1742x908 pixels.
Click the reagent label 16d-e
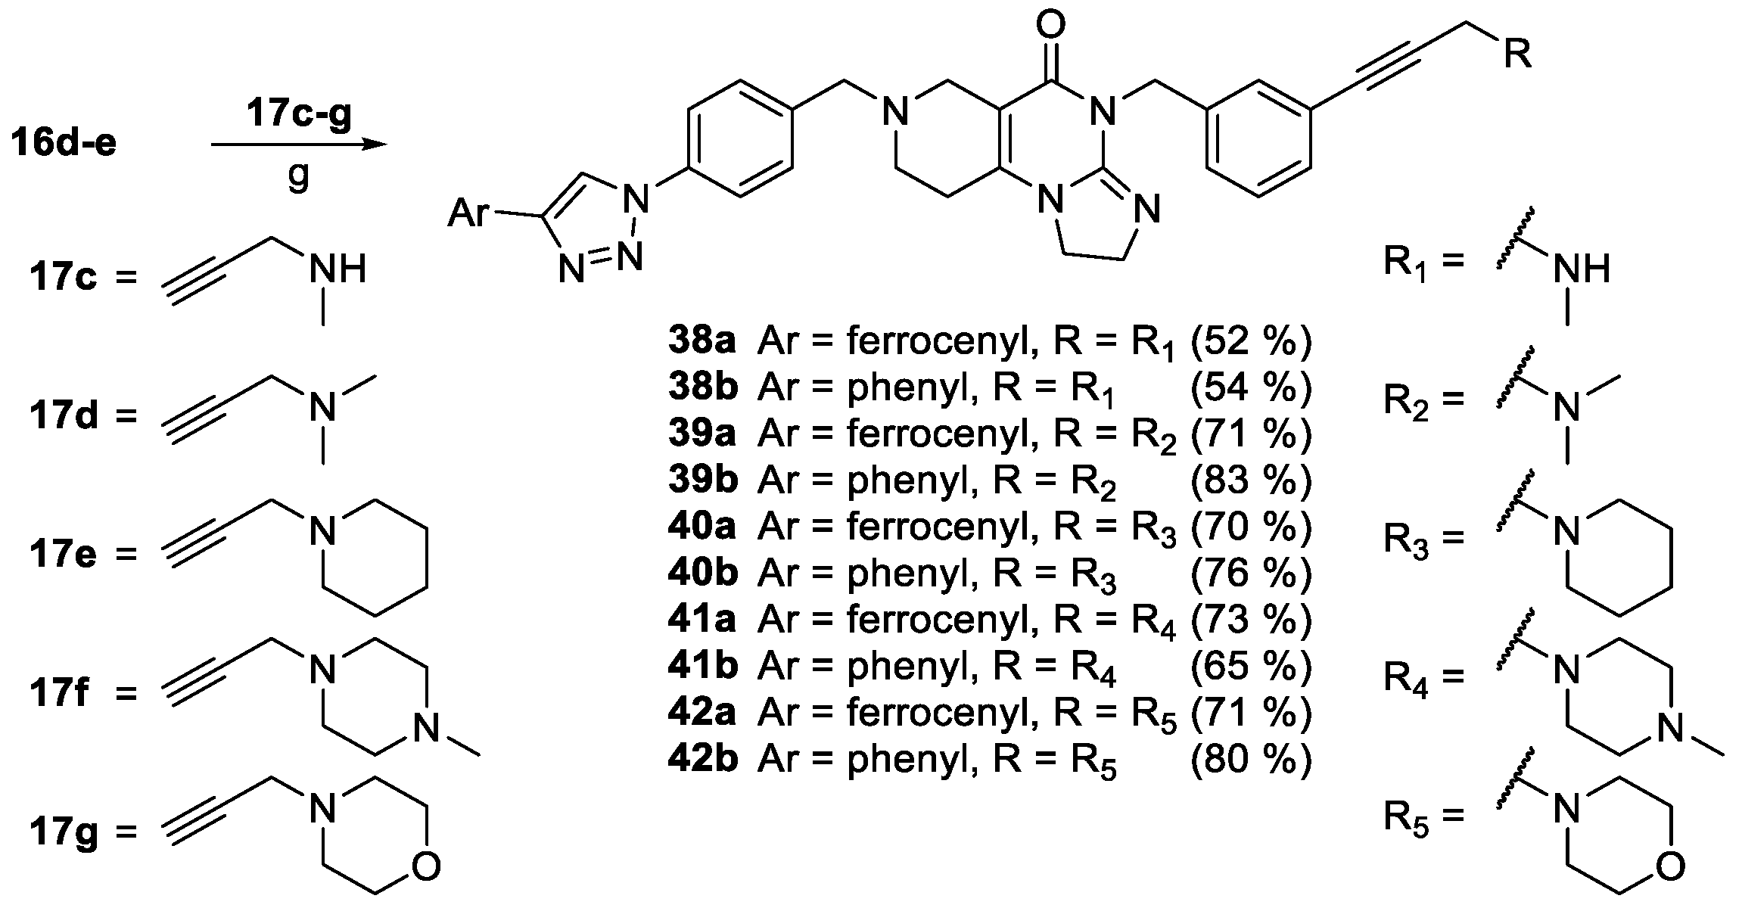pos(64,144)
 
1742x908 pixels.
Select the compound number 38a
pos(701,341)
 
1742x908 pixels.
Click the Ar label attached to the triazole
pos(469,213)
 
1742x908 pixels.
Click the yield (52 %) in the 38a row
pos(1249,341)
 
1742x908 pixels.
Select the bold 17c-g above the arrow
pos(299,116)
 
